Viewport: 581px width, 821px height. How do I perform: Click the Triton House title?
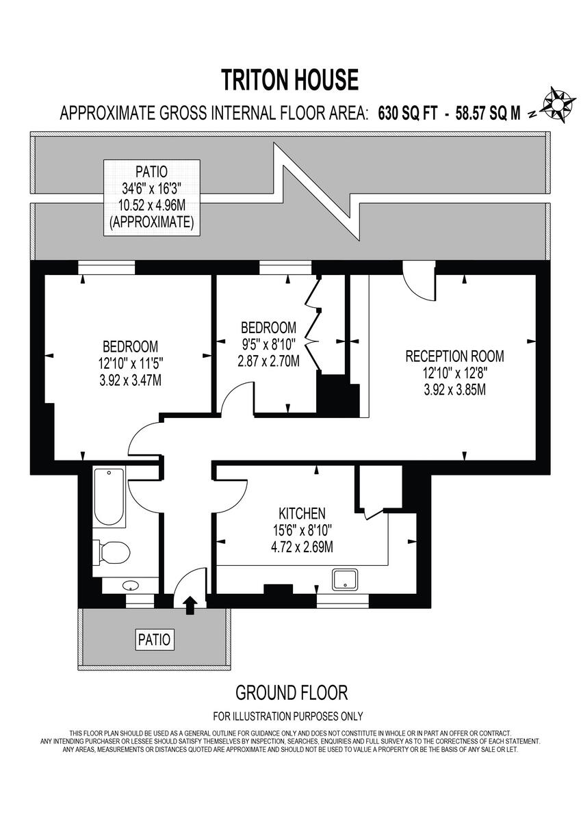(x=290, y=80)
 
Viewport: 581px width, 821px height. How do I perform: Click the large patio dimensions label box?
(x=153, y=198)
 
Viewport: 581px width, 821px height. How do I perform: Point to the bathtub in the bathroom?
(x=109, y=497)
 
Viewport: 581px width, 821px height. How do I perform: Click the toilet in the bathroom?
(x=112, y=551)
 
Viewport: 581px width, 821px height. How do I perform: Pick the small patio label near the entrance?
(x=155, y=640)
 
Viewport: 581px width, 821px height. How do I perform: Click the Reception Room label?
(x=454, y=356)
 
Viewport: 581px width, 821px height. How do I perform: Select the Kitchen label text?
(x=301, y=513)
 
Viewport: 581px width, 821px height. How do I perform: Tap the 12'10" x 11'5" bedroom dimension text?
(x=130, y=362)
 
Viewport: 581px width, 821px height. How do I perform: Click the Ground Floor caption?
(x=291, y=692)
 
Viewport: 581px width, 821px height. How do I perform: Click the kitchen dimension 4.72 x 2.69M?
(x=301, y=546)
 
